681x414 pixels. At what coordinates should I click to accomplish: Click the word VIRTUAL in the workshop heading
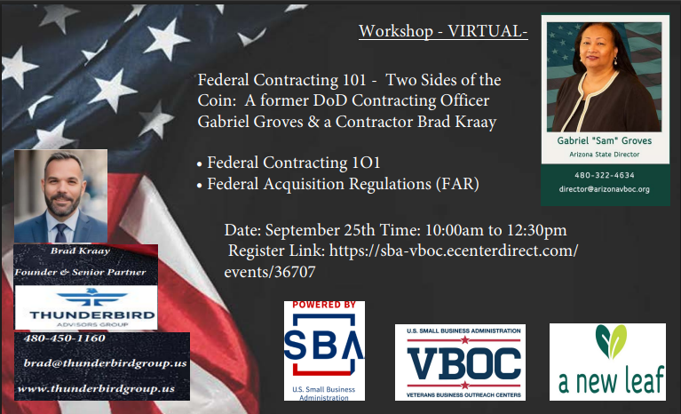[x=487, y=31]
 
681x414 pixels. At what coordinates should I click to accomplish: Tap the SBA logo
[x=324, y=351]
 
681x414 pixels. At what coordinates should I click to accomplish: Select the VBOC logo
[x=461, y=362]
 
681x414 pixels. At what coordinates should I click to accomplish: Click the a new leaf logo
[x=607, y=362]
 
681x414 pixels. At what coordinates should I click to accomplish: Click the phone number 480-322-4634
[x=604, y=175]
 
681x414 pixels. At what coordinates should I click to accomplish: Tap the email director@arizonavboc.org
[x=604, y=189]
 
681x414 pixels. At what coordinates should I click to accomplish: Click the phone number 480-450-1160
[x=64, y=338]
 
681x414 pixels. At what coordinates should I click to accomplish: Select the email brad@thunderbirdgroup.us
[x=105, y=363]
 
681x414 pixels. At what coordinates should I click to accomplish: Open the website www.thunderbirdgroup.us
[x=96, y=388]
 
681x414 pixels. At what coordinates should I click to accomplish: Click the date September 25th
[x=321, y=230]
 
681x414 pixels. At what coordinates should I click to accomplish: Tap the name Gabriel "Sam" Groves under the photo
[x=604, y=140]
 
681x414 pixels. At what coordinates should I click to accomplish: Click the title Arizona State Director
[x=604, y=155]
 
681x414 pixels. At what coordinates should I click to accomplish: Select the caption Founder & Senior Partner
[x=80, y=273]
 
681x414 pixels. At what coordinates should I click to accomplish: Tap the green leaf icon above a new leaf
[x=611, y=341]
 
